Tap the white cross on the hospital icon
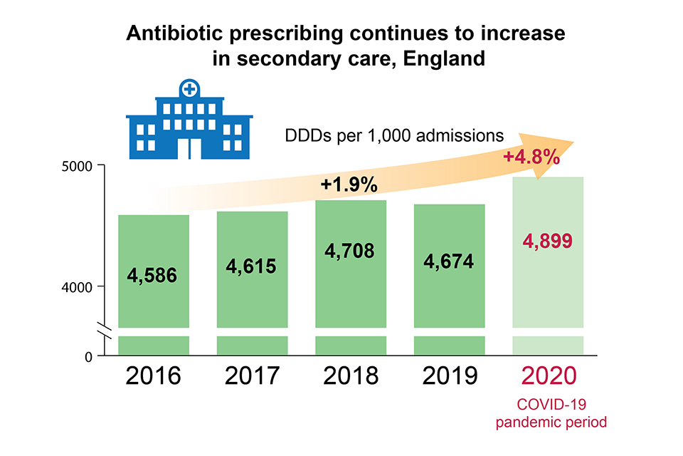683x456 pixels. tap(189, 89)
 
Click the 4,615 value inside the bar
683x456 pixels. tap(251, 266)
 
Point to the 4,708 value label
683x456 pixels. tap(350, 252)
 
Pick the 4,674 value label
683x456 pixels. tap(449, 261)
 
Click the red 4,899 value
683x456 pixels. tap(548, 242)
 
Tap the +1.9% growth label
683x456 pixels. tap(349, 185)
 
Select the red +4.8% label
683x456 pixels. tap(531, 157)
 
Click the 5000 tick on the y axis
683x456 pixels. tap(79, 166)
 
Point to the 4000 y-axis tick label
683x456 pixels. tap(79, 286)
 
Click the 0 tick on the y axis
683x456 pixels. tap(89, 356)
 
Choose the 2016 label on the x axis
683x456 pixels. tap(153, 375)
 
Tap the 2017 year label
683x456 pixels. tap(252, 375)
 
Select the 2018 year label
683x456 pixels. tap(351, 375)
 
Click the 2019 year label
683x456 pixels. tap(449, 375)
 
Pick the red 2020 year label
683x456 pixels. tap(548, 375)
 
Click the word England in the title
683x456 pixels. tap(444, 58)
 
